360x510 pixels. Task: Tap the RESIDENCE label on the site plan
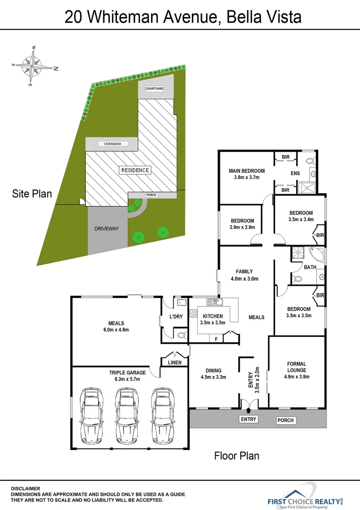coord(135,170)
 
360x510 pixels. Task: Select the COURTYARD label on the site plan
coord(154,89)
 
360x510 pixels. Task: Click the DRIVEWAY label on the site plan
coord(107,229)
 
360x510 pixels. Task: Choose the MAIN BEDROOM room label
coord(247,171)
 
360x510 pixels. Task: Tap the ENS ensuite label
coord(295,174)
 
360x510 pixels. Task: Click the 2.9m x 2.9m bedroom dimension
coord(243,228)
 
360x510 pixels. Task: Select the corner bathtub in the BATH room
coord(317,254)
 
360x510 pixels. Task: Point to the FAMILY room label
coord(244,272)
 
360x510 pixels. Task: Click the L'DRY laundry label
coord(176,316)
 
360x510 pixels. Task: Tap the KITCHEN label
coord(212,316)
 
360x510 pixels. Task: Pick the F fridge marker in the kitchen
coord(216,339)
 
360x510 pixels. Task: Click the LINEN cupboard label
coord(175,363)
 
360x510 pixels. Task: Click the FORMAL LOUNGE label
coord(296,367)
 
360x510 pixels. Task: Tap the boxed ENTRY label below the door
coord(249,419)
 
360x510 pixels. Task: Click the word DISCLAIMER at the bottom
coord(25,488)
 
